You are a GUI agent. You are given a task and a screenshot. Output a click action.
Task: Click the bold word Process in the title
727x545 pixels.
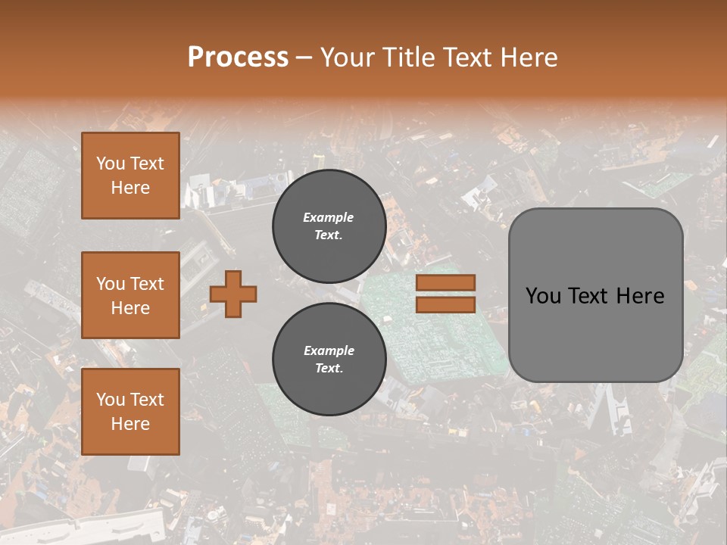238,58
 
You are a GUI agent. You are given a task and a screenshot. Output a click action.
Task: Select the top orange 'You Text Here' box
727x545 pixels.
130,176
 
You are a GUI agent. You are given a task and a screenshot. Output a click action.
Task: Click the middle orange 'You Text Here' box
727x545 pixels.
130,295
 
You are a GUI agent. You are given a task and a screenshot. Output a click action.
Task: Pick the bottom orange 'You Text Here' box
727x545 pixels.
130,412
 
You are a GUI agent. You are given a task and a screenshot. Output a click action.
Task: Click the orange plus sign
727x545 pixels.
233,294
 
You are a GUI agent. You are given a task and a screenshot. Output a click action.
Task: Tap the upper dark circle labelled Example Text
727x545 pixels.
329,226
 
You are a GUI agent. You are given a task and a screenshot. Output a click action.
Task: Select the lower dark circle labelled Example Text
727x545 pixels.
329,360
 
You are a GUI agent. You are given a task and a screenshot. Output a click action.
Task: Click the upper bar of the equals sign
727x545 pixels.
445,283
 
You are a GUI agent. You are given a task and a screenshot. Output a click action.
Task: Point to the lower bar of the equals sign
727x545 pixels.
445,304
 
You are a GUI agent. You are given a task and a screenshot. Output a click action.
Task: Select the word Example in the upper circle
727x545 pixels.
329,217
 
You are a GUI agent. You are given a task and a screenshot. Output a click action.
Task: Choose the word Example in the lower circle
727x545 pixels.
329,350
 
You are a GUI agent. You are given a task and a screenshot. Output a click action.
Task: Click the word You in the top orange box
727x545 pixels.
111,163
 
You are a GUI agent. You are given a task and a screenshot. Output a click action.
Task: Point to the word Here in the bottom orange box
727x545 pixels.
130,424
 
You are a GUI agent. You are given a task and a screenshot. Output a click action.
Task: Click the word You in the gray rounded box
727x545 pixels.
543,296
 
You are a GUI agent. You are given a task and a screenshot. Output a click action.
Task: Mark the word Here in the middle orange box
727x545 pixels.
130,308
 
